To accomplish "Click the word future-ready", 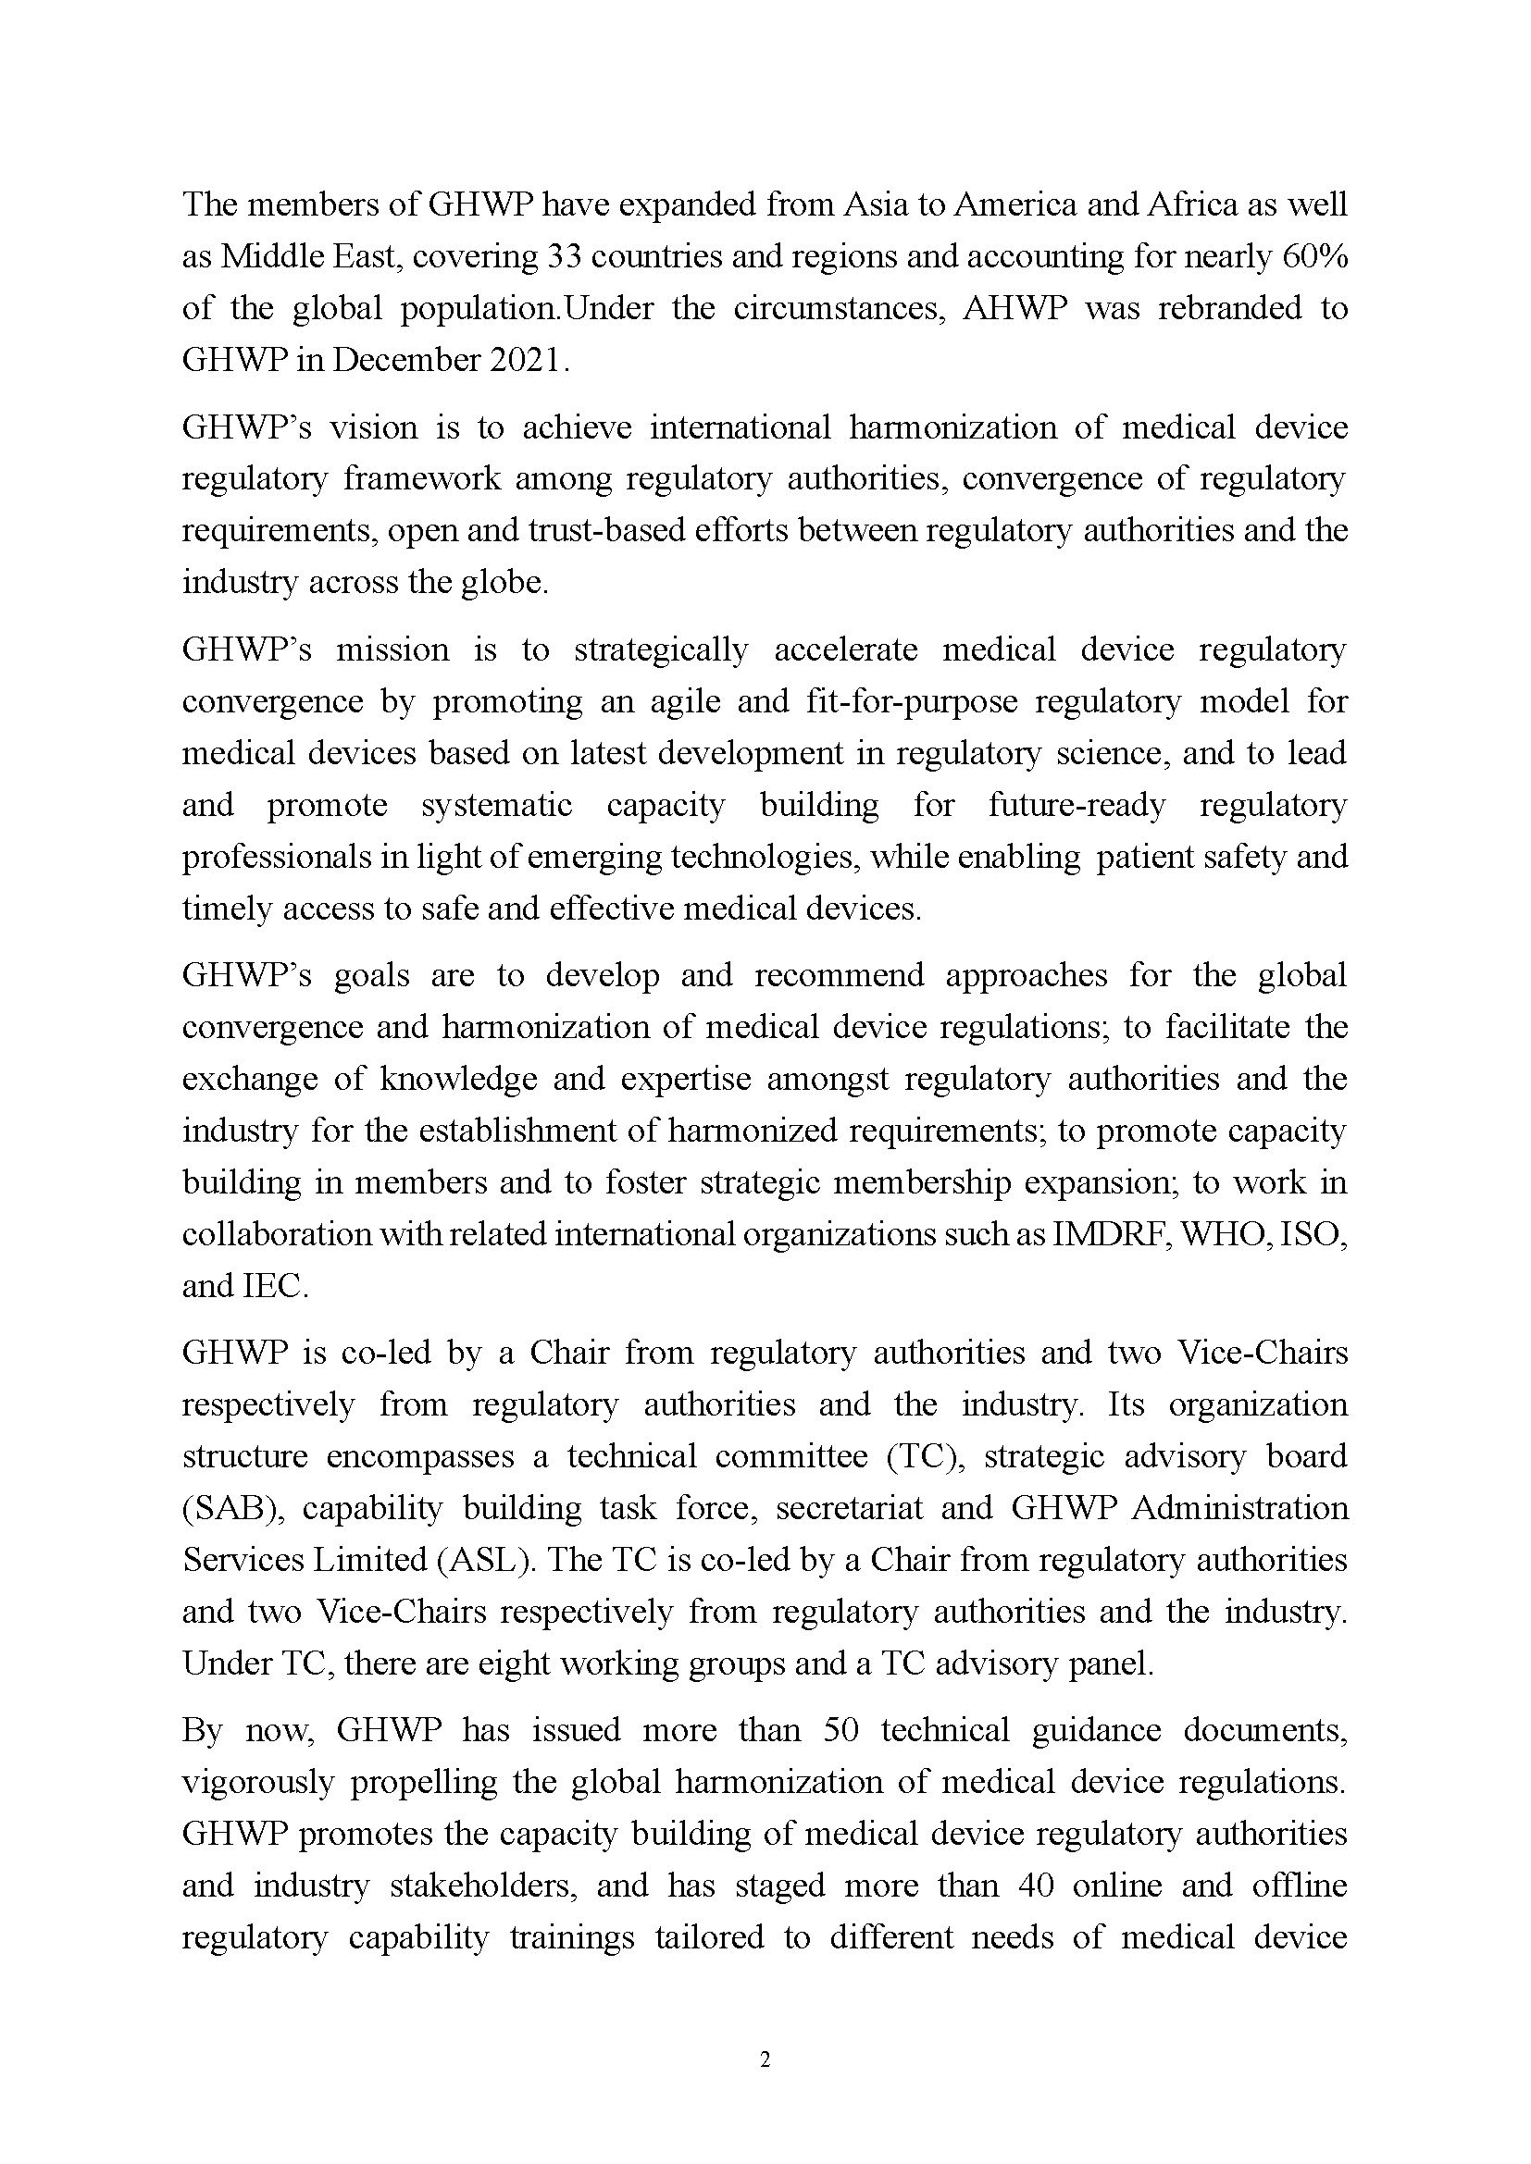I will click(1077, 806).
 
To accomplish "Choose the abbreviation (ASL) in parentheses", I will click(484, 1560).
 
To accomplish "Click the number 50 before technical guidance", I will click(840, 1730).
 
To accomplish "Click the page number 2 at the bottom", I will click(765, 2060).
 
